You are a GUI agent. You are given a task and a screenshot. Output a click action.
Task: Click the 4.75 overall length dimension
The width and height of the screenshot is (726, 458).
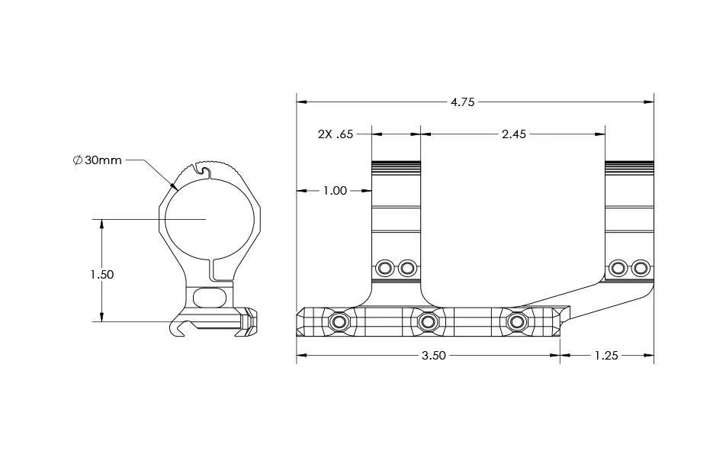pyautogui.click(x=462, y=102)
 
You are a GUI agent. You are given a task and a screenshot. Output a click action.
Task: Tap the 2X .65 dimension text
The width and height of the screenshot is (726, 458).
pyautogui.click(x=335, y=134)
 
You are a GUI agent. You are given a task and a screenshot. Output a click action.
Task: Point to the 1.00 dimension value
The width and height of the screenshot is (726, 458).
pyautogui.click(x=335, y=191)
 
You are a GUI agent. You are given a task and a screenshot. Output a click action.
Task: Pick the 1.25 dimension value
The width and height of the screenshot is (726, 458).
pyautogui.click(x=606, y=356)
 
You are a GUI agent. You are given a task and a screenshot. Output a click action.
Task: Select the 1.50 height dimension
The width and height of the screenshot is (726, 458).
pyautogui.click(x=101, y=275)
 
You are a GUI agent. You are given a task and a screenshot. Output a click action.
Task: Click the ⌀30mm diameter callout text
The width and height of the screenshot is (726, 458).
pyautogui.click(x=97, y=161)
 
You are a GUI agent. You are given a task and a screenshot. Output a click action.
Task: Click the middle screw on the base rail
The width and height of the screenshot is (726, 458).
pyautogui.click(x=428, y=323)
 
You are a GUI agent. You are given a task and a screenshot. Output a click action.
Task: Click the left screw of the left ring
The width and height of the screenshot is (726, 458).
pyautogui.click(x=385, y=268)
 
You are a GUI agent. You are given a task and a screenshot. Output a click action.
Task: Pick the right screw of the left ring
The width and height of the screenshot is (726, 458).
pyautogui.click(x=408, y=268)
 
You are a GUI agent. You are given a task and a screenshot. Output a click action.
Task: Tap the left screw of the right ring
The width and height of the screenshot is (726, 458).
pyautogui.click(x=618, y=268)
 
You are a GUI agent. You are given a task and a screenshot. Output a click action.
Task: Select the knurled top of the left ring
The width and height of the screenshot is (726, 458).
pyautogui.click(x=396, y=166)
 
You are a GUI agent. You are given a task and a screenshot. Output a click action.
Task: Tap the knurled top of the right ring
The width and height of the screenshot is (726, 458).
pyautogui.click(x=629, y=166)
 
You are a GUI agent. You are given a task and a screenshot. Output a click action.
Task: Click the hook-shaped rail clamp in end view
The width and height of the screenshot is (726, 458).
pyautogui.click(x=180, y=329)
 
